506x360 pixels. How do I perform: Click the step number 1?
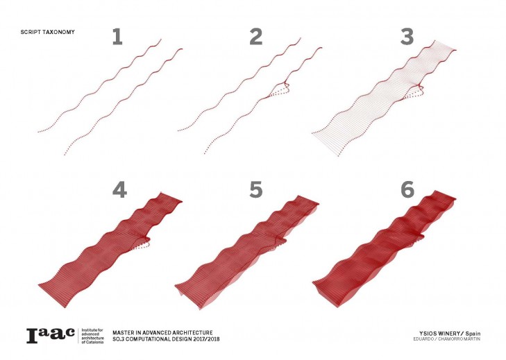click(117, 37)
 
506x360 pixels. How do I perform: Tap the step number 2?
click(256, 37)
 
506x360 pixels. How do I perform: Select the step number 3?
click(407, 37)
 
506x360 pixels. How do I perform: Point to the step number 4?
click(119, 189)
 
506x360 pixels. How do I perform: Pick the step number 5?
click(256, 189)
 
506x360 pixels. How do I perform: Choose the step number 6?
click(407, 189)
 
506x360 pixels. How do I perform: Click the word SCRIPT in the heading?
click(29, 32)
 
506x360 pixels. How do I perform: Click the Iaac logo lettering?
click(51, 336)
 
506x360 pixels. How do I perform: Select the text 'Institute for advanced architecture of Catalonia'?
click(92, 336)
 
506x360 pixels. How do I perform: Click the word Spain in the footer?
click(473, 334)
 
